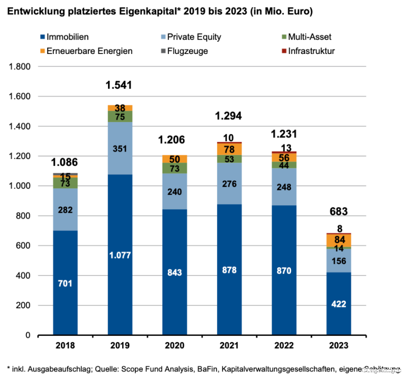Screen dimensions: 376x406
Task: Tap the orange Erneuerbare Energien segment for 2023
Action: [339, 240]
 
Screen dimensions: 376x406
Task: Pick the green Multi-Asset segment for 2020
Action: [174, 168]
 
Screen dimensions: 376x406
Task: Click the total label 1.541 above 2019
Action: [119, 85]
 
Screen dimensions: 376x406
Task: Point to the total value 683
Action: [339, 212]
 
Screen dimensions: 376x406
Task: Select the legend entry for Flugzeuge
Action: [188, 51]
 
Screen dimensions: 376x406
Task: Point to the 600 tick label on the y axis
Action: [24, 246]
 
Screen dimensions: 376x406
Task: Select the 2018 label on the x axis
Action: [66, 346]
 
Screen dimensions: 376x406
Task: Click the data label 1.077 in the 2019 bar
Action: [120, 255]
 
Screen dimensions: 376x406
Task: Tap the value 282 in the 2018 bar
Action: [65, 210]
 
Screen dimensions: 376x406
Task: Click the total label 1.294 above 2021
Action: [228, 116]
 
